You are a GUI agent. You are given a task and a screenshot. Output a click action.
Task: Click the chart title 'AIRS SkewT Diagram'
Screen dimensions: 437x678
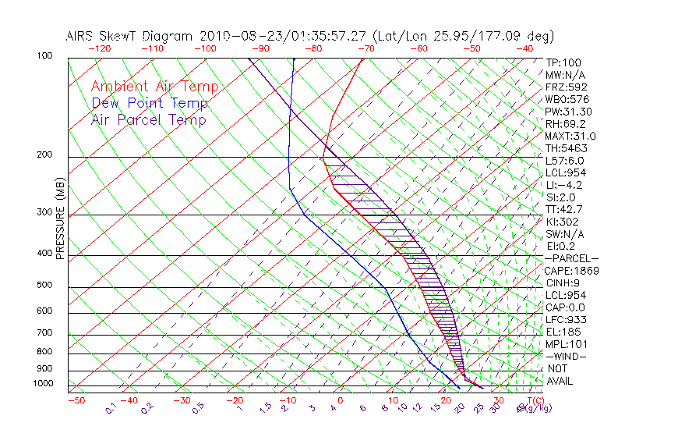pos(130,36)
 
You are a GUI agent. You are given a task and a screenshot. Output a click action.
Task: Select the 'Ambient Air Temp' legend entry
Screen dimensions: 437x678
pos(154,87)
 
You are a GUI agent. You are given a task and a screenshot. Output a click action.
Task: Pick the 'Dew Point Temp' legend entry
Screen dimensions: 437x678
pos(149,103)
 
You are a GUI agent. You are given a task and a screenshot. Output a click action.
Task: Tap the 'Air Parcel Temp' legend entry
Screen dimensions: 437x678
pos(148,119)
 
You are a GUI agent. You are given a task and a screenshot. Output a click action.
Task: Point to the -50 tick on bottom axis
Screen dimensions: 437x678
pos(76,400)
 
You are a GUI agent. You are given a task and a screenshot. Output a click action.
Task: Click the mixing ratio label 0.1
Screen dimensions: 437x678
pos(111,408)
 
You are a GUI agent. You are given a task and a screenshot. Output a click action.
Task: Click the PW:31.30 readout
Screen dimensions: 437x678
pos(569,112)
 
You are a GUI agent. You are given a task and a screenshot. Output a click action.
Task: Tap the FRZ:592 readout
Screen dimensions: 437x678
pos(566,87)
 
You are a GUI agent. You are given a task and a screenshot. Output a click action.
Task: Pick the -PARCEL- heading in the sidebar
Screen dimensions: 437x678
pos(571,258)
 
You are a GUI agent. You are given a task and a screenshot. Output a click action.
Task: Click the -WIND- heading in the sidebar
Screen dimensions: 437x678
pos(566,356)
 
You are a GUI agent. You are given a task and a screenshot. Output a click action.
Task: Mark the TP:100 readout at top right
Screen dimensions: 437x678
pos(563,62)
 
